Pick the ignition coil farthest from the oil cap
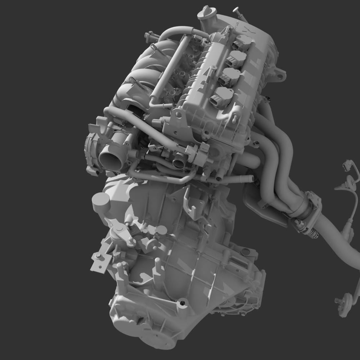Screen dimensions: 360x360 [220, 98]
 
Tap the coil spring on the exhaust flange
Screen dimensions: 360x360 [312, 233]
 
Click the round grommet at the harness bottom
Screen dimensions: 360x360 [346, 301]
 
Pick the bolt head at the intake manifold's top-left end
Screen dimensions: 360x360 [148, 36]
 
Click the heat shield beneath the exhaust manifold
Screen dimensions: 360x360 [263, 209]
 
